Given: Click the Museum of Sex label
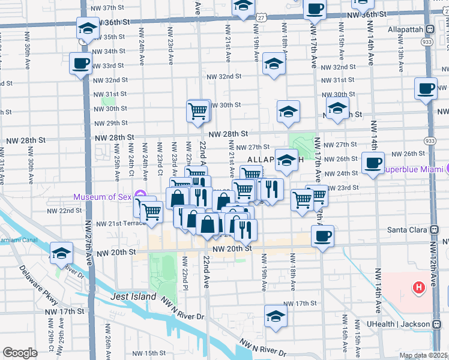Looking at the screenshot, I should click(x=103, y=197).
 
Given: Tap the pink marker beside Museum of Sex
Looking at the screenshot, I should click(x=140, y=195).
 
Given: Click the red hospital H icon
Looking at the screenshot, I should click(x=419, y=289).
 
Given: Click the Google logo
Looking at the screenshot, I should click(x=20, y=353).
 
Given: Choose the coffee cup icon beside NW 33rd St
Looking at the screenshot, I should click(x=80, y=63).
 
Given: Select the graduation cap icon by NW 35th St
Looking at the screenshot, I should click(x=87, y=28).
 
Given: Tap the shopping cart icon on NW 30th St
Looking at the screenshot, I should click(x=198, y=110).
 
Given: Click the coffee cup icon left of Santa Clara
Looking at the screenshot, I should click(x=323, y=235).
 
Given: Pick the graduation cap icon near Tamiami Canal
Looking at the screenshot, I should click(x=61, y=253).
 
